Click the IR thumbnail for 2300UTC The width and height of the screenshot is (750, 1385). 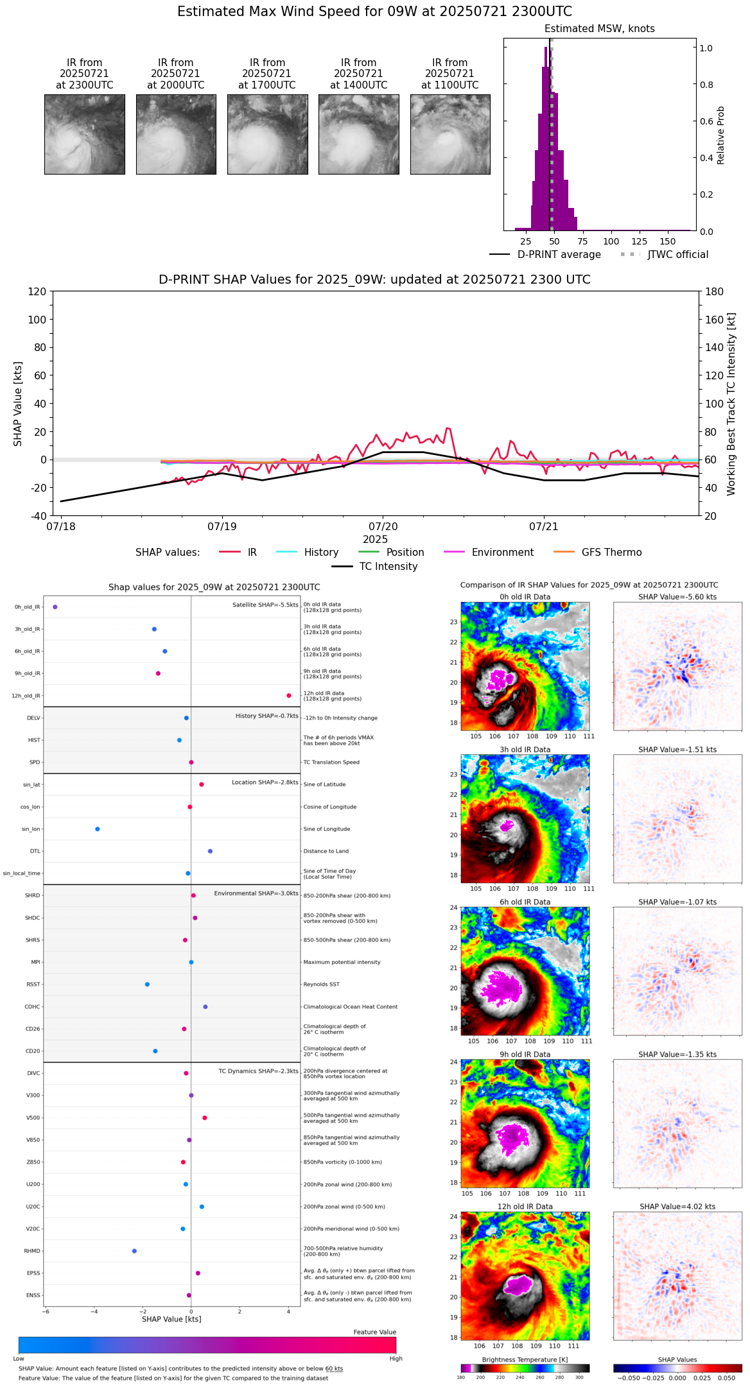84,134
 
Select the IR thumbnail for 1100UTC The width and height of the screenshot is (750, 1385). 450,134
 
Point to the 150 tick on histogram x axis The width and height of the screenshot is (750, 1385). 668,241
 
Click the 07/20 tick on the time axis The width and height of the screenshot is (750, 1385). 383,526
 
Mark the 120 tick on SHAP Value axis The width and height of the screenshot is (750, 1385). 37,291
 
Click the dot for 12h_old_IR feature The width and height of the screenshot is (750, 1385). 289,696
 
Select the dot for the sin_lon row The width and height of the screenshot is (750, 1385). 98,829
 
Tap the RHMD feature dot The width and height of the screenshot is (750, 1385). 134,1251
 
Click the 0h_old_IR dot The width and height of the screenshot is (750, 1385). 55,607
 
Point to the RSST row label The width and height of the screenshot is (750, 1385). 33,985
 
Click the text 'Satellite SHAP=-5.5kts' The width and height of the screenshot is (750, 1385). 265,605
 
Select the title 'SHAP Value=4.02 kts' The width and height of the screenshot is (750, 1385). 677,1207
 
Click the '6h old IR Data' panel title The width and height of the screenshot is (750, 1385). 525,902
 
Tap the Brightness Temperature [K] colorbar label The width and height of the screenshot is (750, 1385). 525,1359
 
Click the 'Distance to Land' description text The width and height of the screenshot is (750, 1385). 326,851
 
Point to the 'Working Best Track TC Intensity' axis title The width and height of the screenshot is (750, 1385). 731,404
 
